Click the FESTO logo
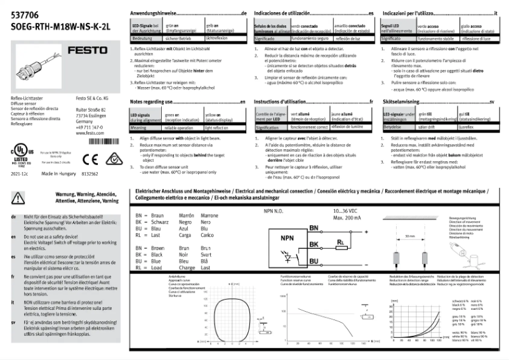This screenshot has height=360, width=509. pos(96,49)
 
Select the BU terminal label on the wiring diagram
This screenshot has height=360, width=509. pos(313,260)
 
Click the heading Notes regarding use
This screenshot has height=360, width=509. pos(153,102)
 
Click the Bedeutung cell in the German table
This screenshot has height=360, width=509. pos(142,39)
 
